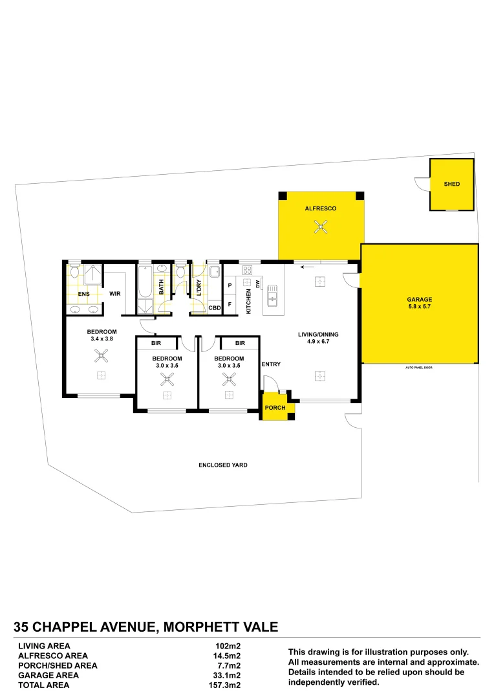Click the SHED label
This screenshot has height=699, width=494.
click(x=452, y=184)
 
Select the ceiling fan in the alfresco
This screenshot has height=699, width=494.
click(x=320, y=227)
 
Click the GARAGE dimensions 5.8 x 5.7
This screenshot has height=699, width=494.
click(x=419, y=307)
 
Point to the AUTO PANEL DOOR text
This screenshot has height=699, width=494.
click(x=419, y=367)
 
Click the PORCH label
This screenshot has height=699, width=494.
click(x=275, y=408)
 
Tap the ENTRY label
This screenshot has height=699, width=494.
click(x=271, y=364)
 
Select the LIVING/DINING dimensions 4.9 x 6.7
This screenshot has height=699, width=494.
click(x=318, y=342)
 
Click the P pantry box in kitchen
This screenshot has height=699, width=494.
click(x=230, y=285)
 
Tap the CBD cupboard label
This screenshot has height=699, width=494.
click(x=215, y=307)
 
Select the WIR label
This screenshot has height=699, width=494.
click(x=116, y=294)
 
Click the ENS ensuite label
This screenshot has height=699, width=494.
click(x=83, y=294)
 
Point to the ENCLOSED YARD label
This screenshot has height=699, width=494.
click(x=223, y=465)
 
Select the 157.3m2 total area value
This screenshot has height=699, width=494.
click(x=228, y=684)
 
